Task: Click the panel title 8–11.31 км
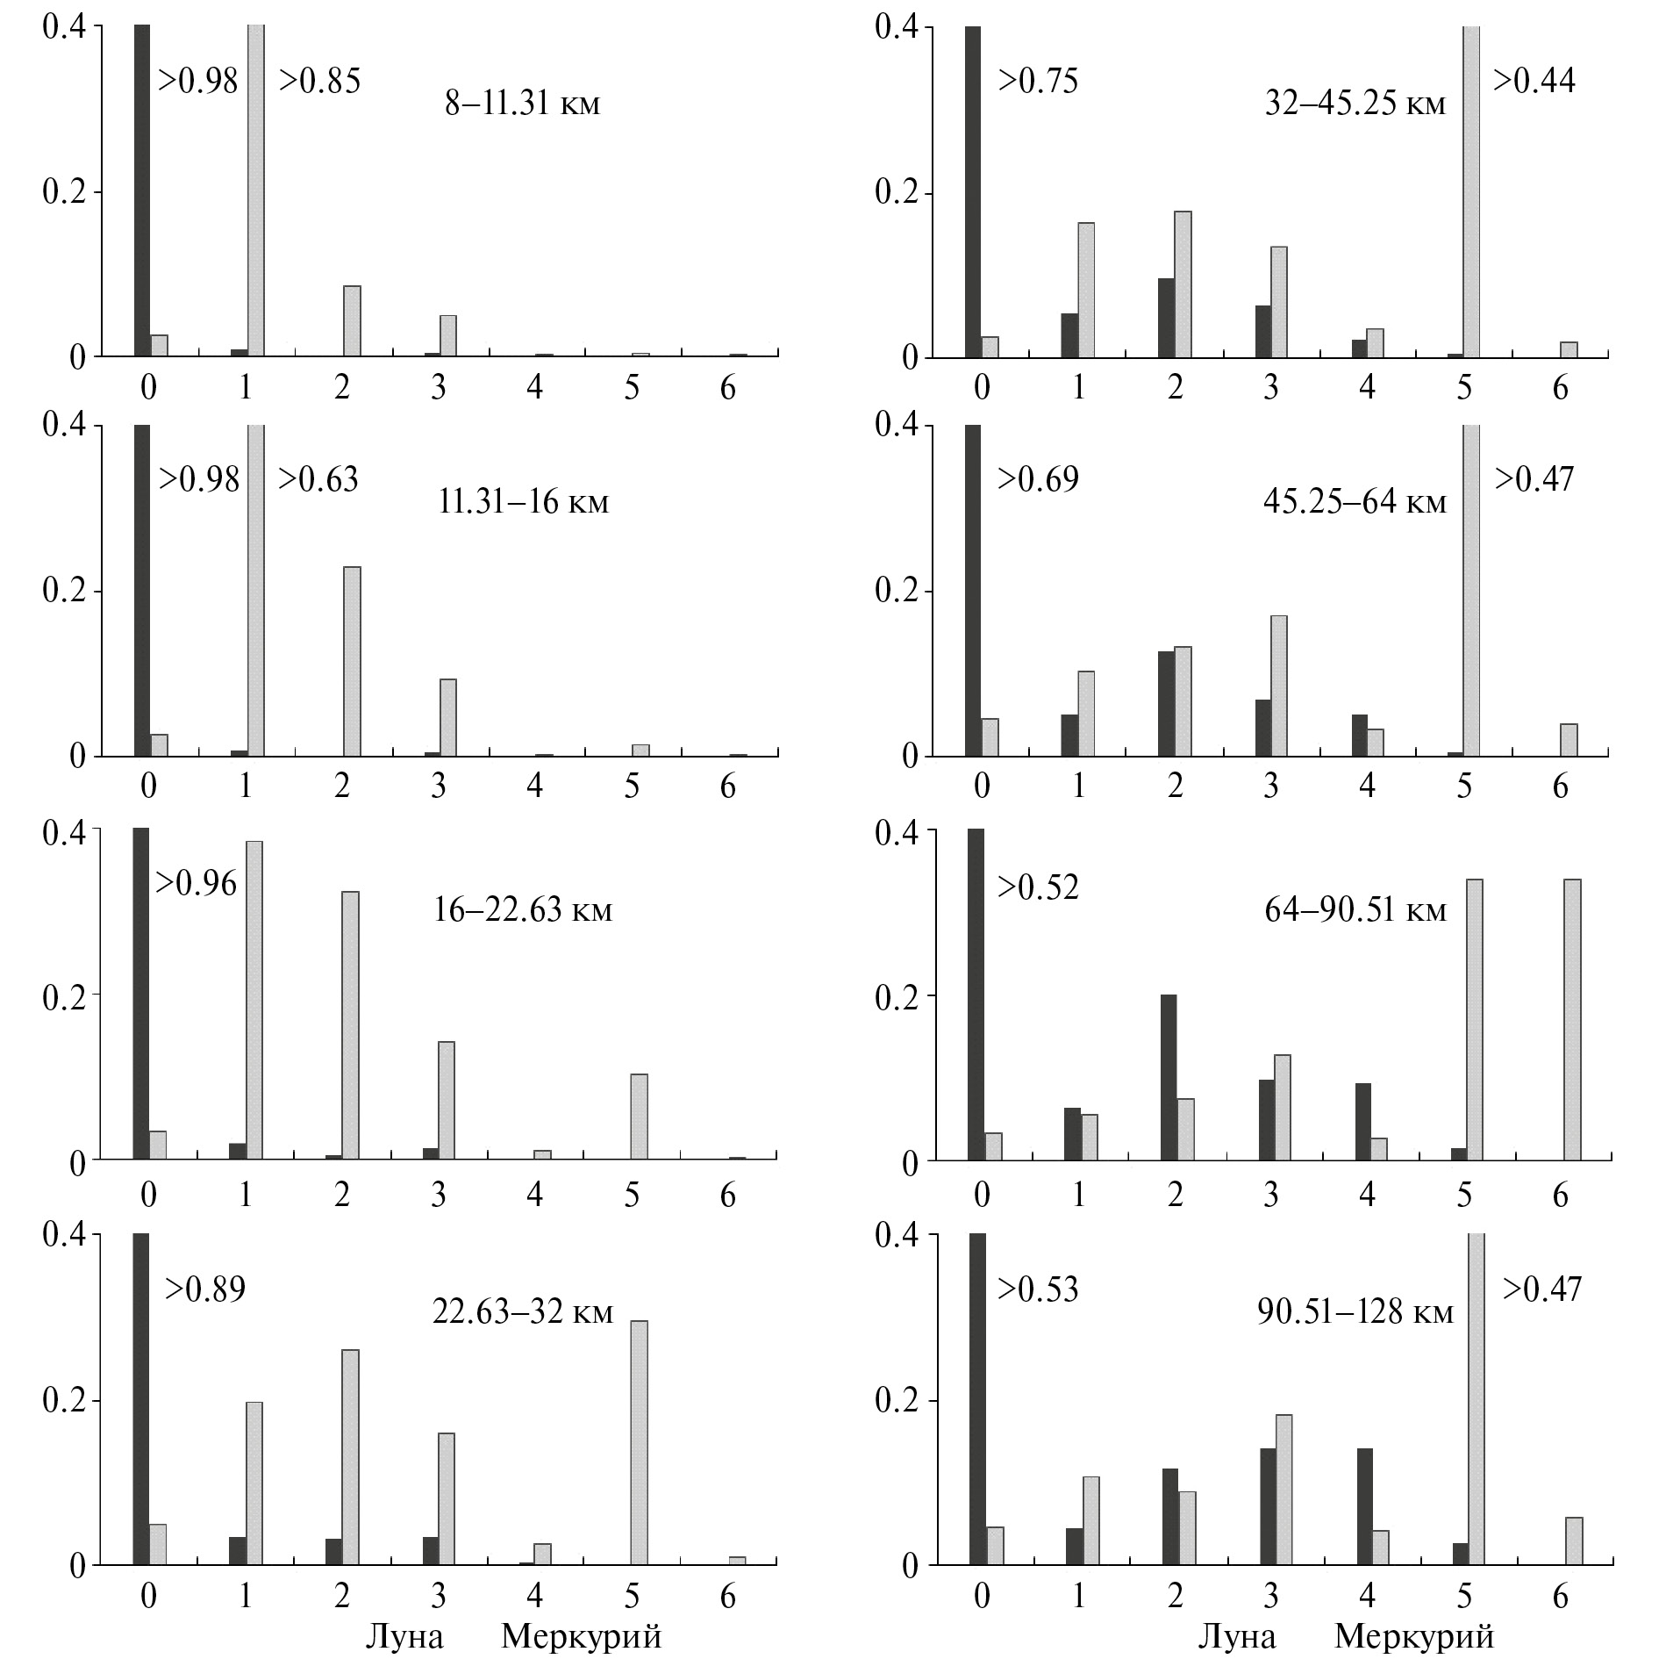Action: [x=522, y=104]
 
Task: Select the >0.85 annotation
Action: [x=319, y=81]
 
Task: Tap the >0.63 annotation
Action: [x=318, y=479]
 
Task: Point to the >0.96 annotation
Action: [x=196, y=883]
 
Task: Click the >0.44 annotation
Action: [x=1534, y=81]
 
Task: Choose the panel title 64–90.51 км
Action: [x=1355, y=910]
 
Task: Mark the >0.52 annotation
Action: [x=1038, y=887]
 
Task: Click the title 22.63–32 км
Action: [x=523, y=1311]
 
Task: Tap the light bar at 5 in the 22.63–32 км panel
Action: [x=639, y=1444]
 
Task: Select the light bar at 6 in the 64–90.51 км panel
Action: [x=1572, y=1020]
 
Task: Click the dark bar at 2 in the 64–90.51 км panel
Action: [x=1168, y=1078]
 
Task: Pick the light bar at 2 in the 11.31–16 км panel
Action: [x=352, y=662]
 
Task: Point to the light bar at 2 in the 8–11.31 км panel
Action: [x=352, y=321]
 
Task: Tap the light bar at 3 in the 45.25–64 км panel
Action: [x=1278, y=686]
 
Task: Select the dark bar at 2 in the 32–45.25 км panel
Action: [x=1166, y=318]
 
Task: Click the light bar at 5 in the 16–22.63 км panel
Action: [x=639, y=1117]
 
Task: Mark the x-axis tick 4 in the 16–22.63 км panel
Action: [x=534, y=1195]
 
